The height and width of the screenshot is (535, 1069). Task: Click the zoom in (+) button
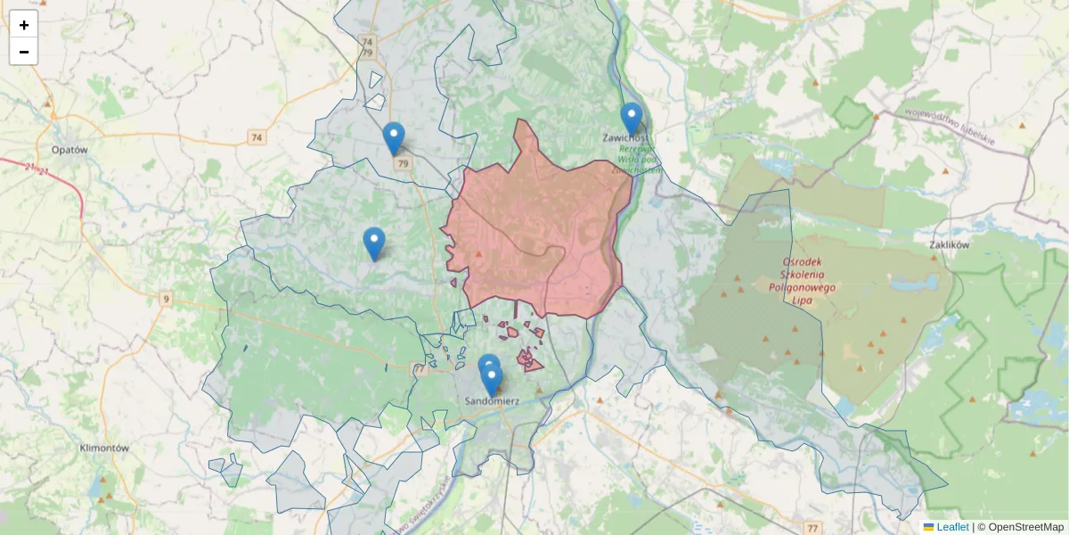point(24,25)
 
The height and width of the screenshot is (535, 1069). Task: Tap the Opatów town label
point(69,150)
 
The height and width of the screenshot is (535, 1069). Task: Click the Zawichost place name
point(624,138)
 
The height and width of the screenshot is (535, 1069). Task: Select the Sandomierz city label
point(493,401)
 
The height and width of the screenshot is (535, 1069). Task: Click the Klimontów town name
point(104,449)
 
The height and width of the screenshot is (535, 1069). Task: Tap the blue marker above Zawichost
point(632,119)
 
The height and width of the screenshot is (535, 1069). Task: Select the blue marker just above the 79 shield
point(394,137)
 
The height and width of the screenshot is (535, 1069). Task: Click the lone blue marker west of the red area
point(374,243)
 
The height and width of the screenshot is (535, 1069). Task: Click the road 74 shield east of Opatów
point(257,137)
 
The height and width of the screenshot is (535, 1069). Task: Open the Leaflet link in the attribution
point(952,527)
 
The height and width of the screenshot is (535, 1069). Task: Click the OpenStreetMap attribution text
point(1019,527)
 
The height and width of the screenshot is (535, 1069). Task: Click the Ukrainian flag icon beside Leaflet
point(928,527)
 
